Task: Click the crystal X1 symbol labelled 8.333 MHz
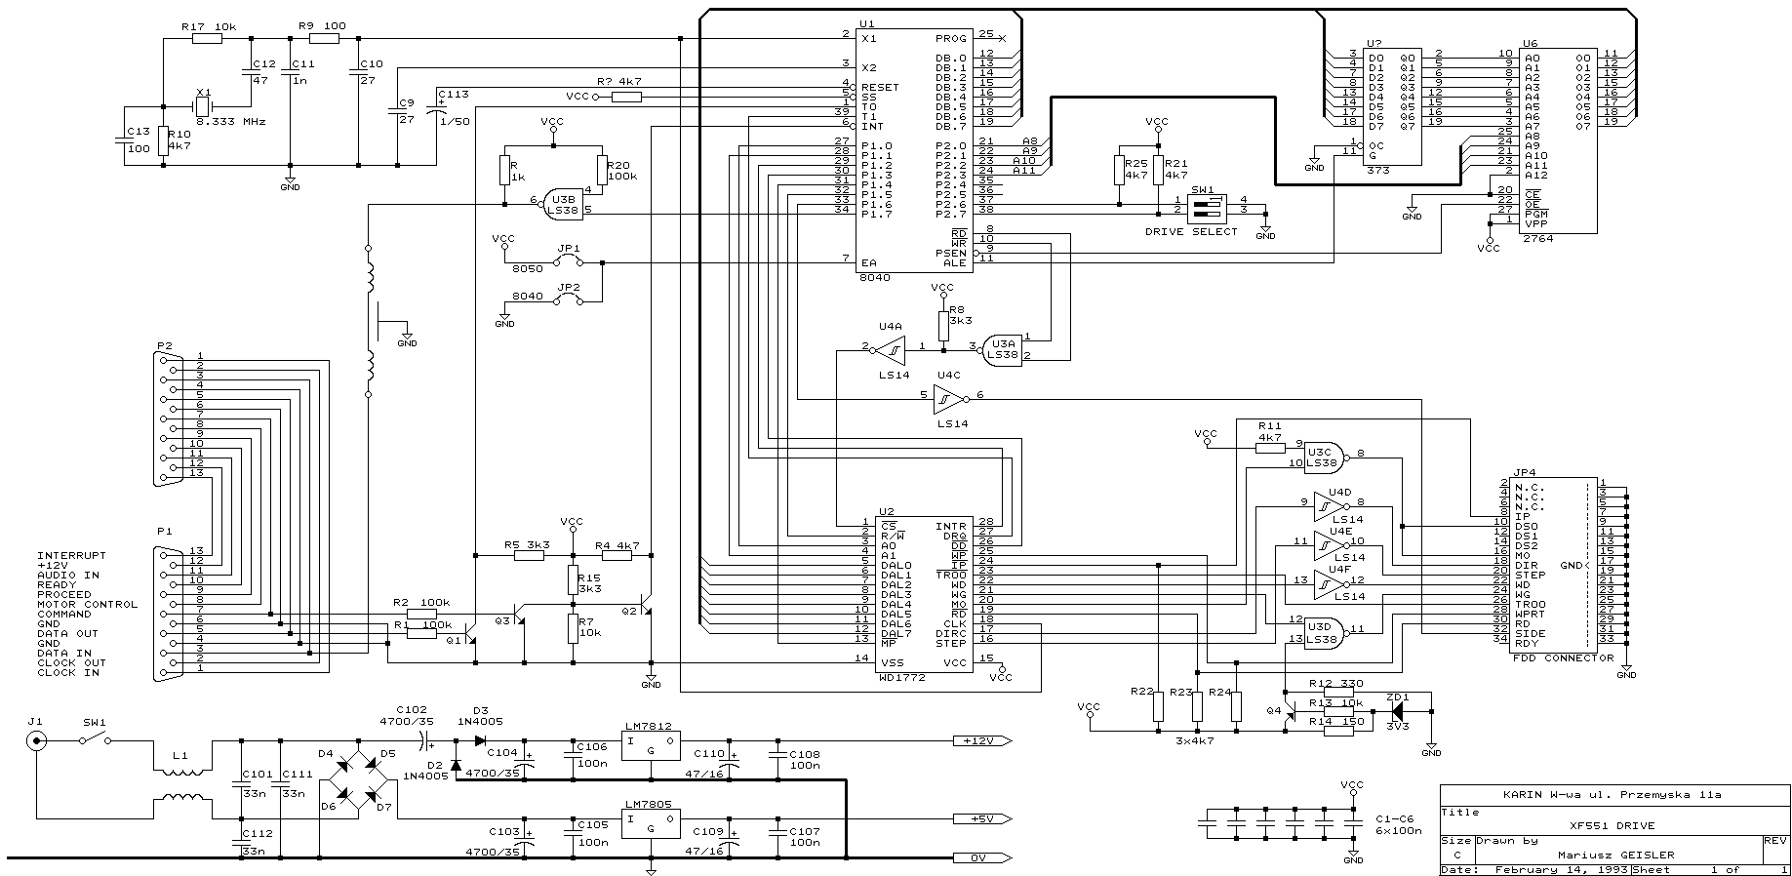[203, 106]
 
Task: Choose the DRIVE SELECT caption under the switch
[1191, 232]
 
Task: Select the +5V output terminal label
[979, 819]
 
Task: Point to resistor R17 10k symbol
[207, 39]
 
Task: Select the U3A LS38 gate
[1002, 348]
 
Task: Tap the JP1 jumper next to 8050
[568, 262]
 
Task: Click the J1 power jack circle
[36, 741]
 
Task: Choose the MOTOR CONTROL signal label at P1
[88, 605]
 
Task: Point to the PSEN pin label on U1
[951, 253]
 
